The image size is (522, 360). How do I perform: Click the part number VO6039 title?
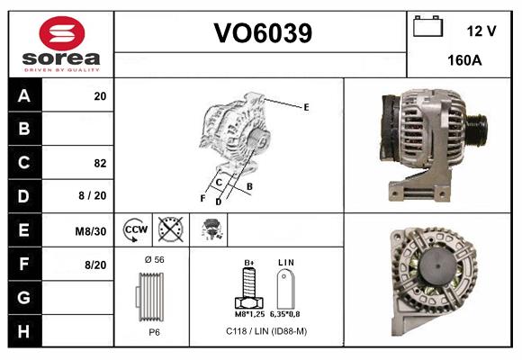tap(262, 33)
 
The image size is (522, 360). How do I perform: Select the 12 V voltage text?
tap(481, 31)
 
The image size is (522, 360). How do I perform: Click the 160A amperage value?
tap(463, 61)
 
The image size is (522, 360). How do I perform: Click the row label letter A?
tap(24, 95)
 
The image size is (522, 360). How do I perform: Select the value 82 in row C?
tap(100, 163)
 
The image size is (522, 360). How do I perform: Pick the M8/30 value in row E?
tap(92, 231)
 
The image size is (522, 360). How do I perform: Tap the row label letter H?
tap(24, 332)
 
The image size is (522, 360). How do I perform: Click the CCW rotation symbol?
tap(135, 229)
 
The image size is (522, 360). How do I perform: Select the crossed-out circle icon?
tap(169, 229)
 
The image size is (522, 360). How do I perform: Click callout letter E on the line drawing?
tap(306, 107)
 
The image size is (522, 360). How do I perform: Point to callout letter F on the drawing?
tap(202, 197)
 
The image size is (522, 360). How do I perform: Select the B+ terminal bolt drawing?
tap(249, 287)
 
